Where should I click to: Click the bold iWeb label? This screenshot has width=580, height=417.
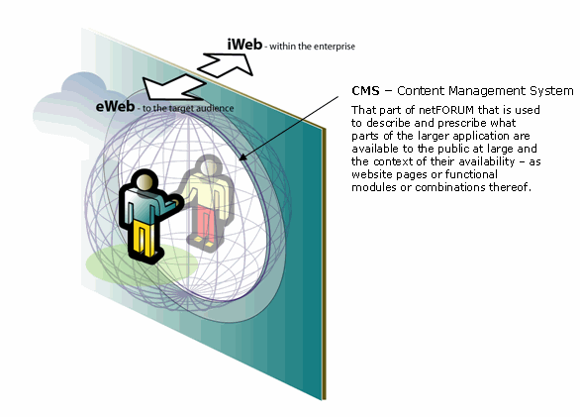[244, 45]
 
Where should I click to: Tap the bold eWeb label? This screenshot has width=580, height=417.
[115, 106]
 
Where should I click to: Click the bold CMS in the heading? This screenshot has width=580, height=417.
[365, 91]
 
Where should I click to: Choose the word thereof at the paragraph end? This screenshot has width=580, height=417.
[510, 187]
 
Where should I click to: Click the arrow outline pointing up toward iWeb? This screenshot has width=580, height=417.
[226, 64]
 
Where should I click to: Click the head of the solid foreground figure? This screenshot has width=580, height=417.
[145, 182]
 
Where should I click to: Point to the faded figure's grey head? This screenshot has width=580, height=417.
[208, 165]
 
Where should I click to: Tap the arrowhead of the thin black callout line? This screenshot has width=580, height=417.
[242, 157]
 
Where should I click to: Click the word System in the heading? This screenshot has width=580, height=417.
[551, 91]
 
